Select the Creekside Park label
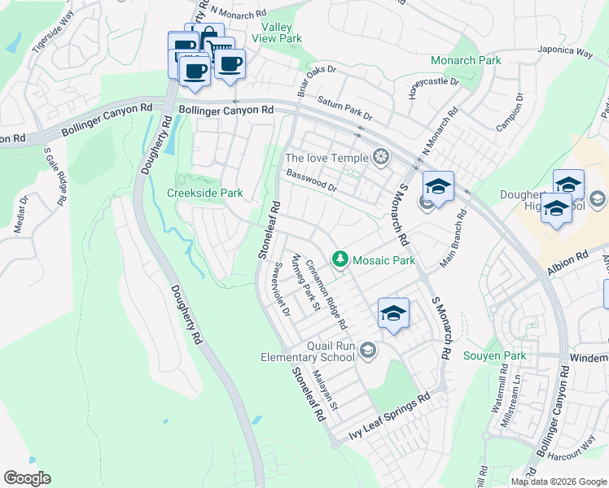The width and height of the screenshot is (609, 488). [204, 194]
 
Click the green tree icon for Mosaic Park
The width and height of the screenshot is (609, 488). [340, 260]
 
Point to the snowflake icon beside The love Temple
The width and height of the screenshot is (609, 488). [379, 158]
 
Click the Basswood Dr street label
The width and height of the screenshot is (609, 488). [311, 181]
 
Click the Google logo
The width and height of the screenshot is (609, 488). [27, 478]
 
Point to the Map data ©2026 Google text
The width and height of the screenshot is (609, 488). [559, 481]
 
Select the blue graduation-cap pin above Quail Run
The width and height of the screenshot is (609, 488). [393, 312]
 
